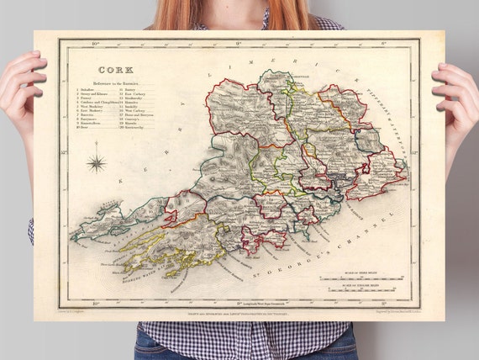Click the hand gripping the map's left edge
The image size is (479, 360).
(x=21, y=93)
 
